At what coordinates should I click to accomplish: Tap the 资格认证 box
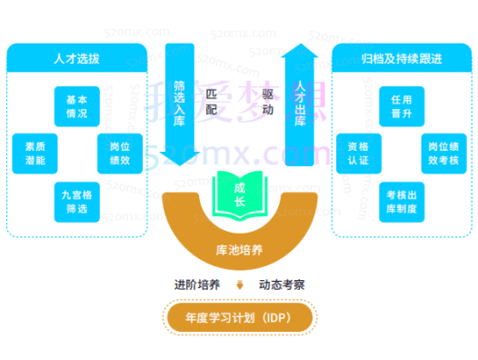click(x=358, y=151)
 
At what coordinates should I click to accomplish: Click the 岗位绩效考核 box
click(x=443, y=151)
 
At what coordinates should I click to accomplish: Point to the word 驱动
click(x=268, y=100)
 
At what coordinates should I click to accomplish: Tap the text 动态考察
click(x=282, y=285)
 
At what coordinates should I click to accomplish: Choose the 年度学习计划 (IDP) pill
click(x=240, y=317)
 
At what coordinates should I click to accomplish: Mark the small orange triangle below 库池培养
click(x=240, y=285)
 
